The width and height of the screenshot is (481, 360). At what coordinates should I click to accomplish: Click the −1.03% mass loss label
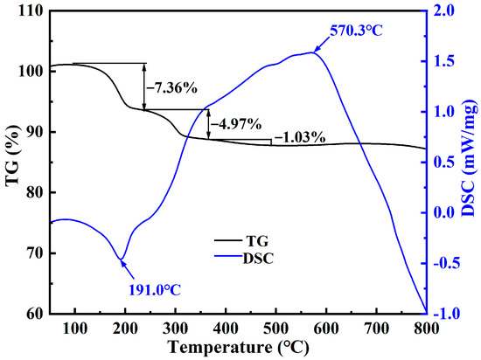[x=300, y=137]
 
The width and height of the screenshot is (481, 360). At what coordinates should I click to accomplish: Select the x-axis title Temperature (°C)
[x=238, y=350]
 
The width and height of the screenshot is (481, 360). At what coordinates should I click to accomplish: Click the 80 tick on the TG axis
[x=33, y=193]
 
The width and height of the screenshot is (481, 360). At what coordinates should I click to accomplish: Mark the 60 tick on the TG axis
[x=33, y=314]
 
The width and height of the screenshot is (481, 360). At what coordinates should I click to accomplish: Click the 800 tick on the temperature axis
[x=426, y=328]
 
